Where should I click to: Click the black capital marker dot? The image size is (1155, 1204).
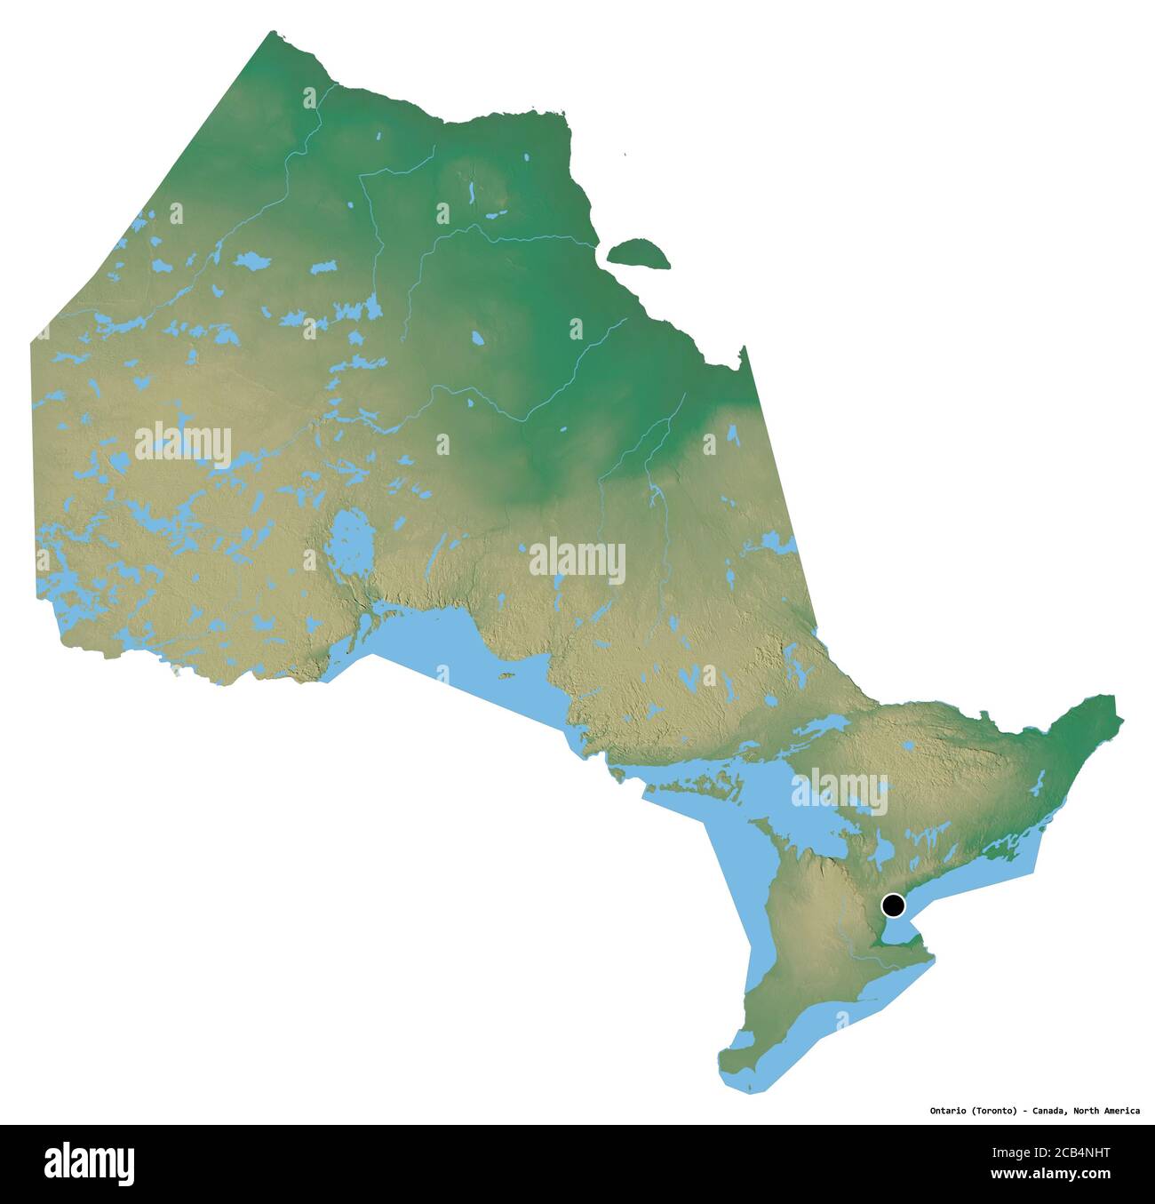click(893, 905)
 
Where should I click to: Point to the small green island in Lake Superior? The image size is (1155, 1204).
click(507, 675)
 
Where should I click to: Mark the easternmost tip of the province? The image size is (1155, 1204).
click(1122, 718)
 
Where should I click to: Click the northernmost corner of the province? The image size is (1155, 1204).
click(271, 33)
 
